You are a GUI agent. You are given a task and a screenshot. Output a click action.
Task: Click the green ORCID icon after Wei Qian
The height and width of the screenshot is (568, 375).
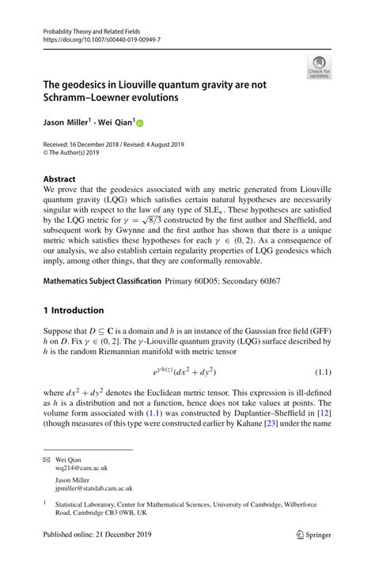141,123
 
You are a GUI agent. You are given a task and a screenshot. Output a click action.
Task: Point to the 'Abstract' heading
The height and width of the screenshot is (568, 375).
60,179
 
